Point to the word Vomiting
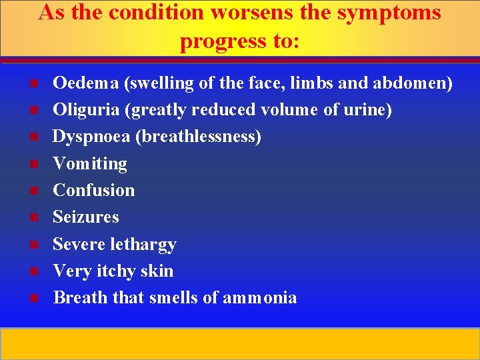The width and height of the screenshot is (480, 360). coord(89,164)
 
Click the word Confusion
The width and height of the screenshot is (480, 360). coord(93,190)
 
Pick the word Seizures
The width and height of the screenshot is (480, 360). coord(85,217)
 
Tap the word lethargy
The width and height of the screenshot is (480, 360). coord(143,245)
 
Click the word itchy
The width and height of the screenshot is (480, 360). coord(123,271)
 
